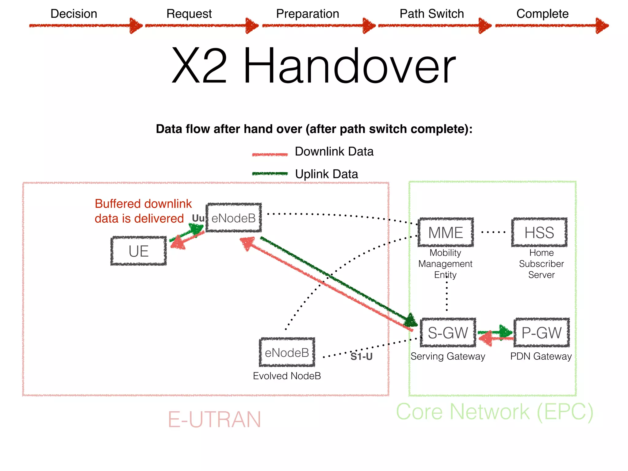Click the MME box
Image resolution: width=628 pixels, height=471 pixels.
[446, 232]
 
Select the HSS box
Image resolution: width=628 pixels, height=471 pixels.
[539, 232]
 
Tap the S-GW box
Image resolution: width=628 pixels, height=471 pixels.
[448, 333]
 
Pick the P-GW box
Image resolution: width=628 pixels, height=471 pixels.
[542, 333]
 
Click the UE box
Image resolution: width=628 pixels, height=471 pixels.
[139, 251]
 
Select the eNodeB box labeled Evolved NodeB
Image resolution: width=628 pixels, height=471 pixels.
[287, 353]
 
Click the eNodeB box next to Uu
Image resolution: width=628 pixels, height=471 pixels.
[234, 218]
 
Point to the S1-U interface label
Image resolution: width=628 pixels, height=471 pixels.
[362, 357]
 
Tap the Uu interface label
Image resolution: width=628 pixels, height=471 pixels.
[198, 218]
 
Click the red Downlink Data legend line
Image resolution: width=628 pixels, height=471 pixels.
[270, 154]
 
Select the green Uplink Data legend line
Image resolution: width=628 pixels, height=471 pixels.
[270, 174]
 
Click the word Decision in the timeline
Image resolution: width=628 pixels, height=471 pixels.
[74, 14]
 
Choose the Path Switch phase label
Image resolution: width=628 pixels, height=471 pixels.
[432, 14]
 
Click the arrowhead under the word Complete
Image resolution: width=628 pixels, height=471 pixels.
[602, 26]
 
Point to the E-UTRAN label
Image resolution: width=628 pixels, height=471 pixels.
[214, 419]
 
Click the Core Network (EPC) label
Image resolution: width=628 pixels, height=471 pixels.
[495, 412]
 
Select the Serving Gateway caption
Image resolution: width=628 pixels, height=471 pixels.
[448, 356]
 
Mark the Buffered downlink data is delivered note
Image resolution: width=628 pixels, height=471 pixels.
[143, 211]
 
